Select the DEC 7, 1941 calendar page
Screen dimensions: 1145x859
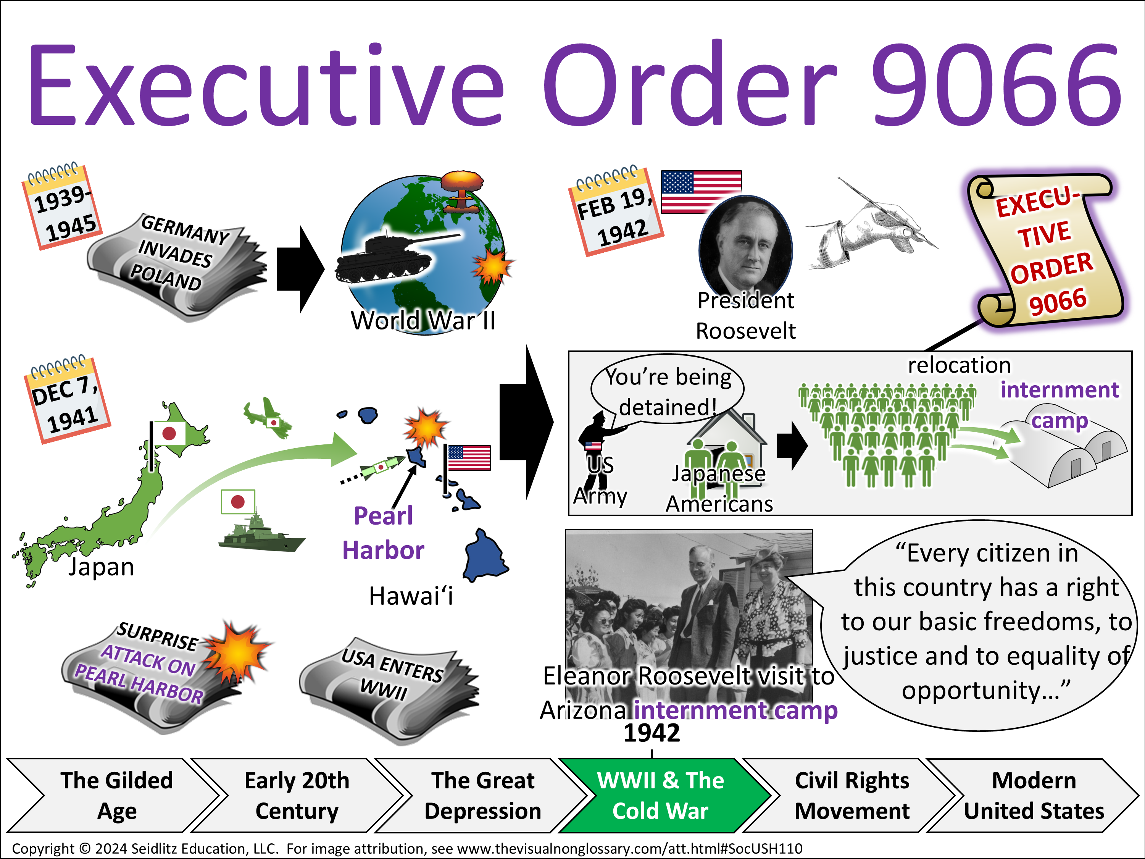coord(67,399)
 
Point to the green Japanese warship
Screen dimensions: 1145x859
coord(261,533)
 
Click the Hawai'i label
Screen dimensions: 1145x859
coord(411,596)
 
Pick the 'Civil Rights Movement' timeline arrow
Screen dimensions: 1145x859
coord(852,795)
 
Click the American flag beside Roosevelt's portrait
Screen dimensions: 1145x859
coord(702,192)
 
